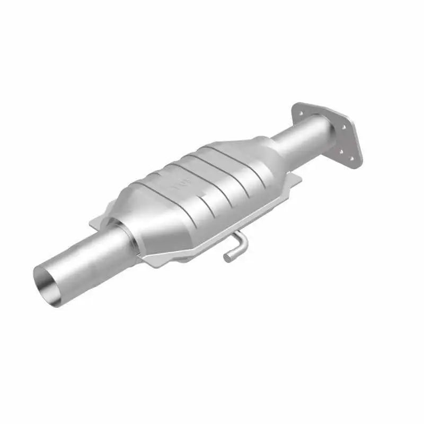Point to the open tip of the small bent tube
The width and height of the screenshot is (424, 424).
(x=227, y=258)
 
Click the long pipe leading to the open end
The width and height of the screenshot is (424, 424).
(x=85, y=260)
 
